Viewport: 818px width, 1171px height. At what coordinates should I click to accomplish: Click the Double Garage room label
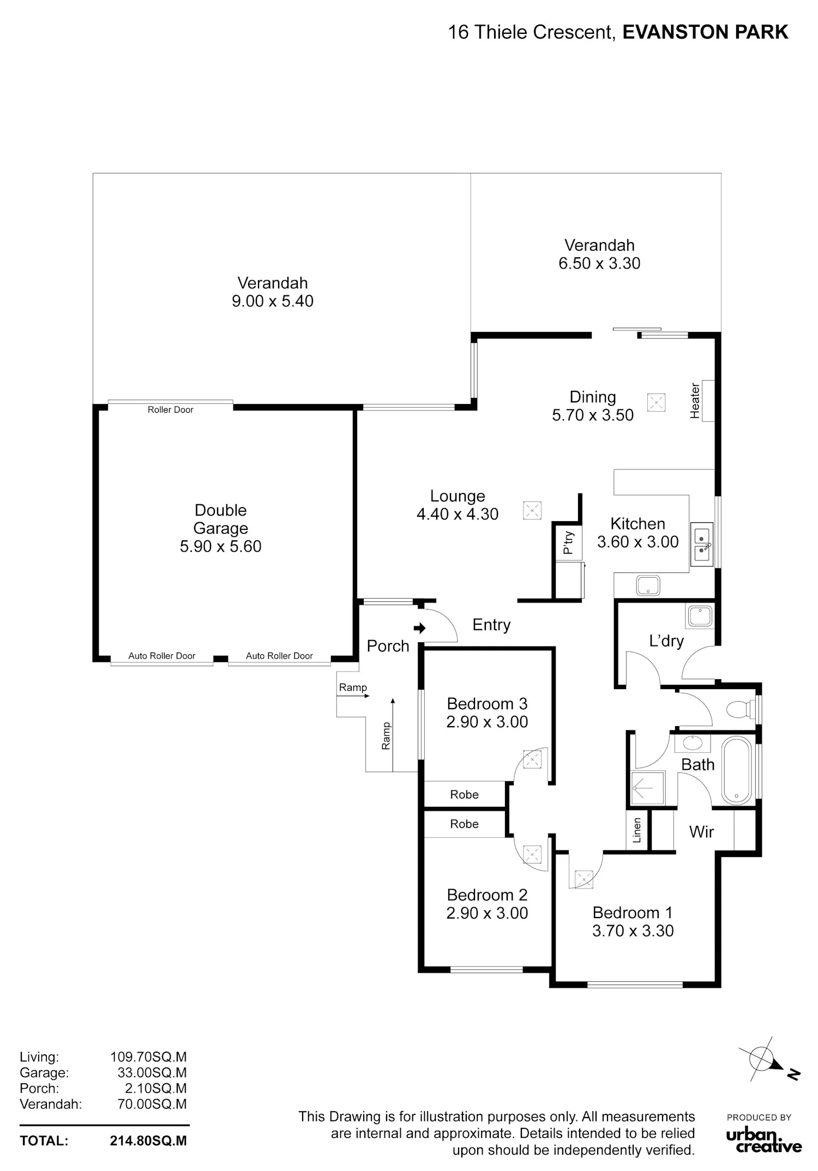(x=221, y=519)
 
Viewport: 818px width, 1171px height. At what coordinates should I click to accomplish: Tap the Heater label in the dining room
(x=695, y=401)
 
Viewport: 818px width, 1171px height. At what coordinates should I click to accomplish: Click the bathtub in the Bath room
(x=737, y=771)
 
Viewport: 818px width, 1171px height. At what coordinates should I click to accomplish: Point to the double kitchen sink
(x=702, y=545)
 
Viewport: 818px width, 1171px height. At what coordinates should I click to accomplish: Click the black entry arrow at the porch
(x=419, y=628)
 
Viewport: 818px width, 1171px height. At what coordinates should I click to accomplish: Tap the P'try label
(x=568, y=542)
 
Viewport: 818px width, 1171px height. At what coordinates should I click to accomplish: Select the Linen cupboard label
(x=637, y=830)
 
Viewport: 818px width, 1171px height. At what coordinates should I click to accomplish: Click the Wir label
(x=701, y=831)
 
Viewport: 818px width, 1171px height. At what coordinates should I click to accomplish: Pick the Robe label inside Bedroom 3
(x=464, y=794)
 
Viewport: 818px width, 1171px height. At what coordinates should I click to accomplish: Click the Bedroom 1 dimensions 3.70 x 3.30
(x=633, y=931)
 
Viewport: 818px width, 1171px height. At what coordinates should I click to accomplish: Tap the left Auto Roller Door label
(x=161, y=656)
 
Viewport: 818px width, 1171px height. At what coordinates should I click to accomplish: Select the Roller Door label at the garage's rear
(x=171, y=409)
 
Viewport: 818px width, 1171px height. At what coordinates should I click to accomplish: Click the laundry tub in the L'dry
(x=700, y=617)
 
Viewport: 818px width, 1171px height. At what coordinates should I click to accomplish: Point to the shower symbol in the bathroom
(x=648, y=787)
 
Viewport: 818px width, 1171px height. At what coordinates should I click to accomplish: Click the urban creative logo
(x=763, y=1136)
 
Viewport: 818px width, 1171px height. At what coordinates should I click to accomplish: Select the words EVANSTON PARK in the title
(x=705, y=33)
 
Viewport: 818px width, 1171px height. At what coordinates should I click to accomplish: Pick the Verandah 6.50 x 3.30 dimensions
(x=599, y=263)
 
